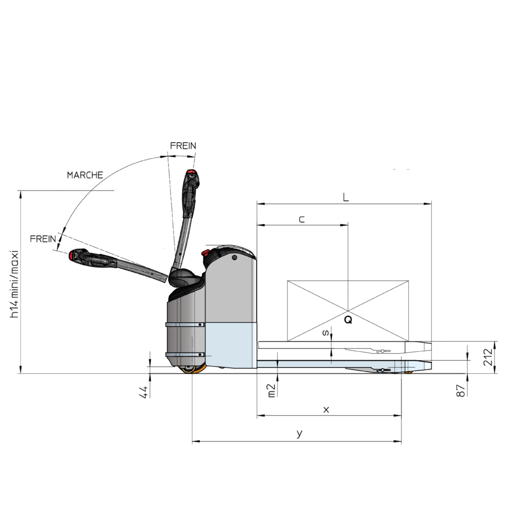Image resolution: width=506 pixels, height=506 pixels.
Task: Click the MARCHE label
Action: tap(85, 175)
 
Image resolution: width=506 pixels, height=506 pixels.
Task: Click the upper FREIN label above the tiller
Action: tap(183, 146)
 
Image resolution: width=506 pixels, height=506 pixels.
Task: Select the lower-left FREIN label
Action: tap(43, 239)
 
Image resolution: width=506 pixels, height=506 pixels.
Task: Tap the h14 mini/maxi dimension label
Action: tap(14, 284)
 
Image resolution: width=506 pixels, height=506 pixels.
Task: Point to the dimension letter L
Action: tap(345, 197)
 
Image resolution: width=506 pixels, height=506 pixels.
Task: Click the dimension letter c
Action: tap(301, 219)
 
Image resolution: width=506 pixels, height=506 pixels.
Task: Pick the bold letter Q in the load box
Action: tap(348, 320)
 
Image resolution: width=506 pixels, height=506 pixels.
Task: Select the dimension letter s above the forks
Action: tap(326, 333)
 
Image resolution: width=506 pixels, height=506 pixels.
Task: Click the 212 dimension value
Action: tap(488, 357)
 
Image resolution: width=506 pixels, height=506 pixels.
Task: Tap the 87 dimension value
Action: tap(461, 391)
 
